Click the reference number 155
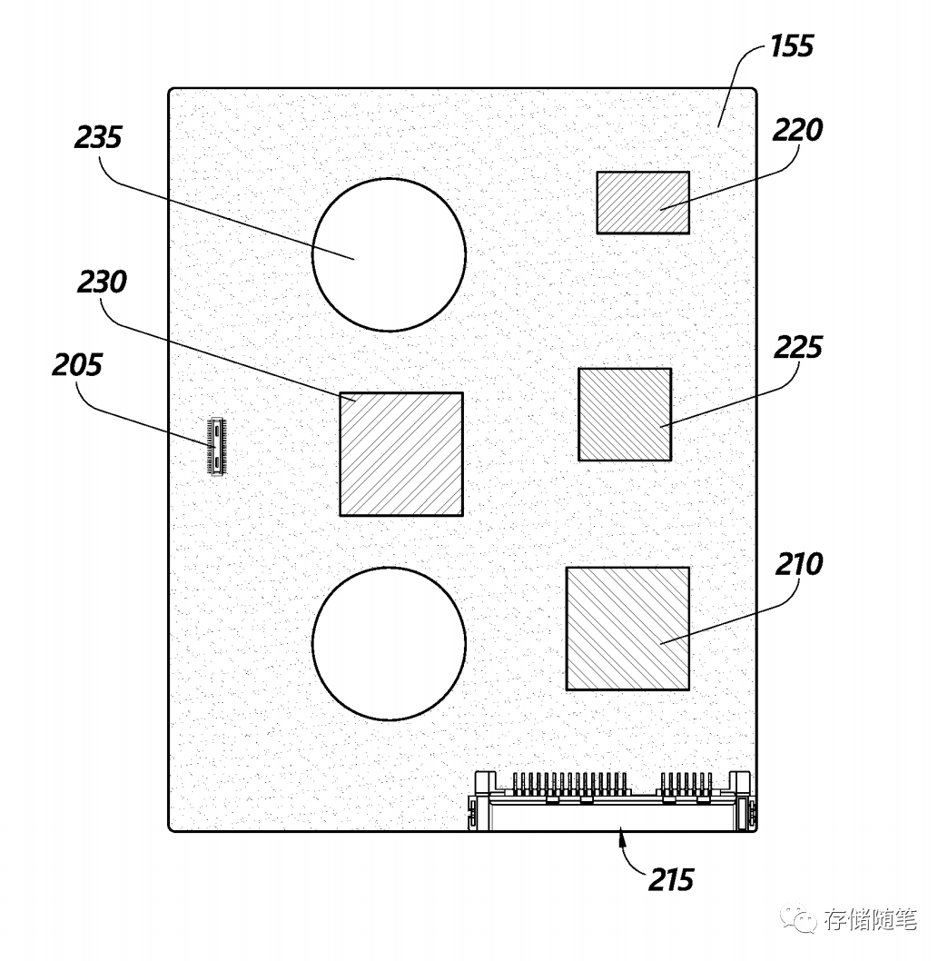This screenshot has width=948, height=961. click(792, 46)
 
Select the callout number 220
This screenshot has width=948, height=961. click(797, 130)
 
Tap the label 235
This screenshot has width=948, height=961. click(98, 138)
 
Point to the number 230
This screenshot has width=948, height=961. click(102, 283)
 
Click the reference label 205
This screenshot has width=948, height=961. click(76, 365)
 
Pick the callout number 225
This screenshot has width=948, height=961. click(797, 347)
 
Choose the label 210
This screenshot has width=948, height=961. click(799, 564)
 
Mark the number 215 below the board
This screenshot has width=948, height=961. click(671, 879)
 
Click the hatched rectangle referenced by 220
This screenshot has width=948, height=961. click(642, 202)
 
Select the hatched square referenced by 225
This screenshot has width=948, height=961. click(625, 414)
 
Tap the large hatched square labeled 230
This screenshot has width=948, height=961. click(400, 454)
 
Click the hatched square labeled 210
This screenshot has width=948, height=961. click(627, 629)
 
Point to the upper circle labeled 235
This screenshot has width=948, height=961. click(389, 254)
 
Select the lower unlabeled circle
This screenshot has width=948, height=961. click(389, 643)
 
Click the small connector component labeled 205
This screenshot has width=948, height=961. click(215, 447)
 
